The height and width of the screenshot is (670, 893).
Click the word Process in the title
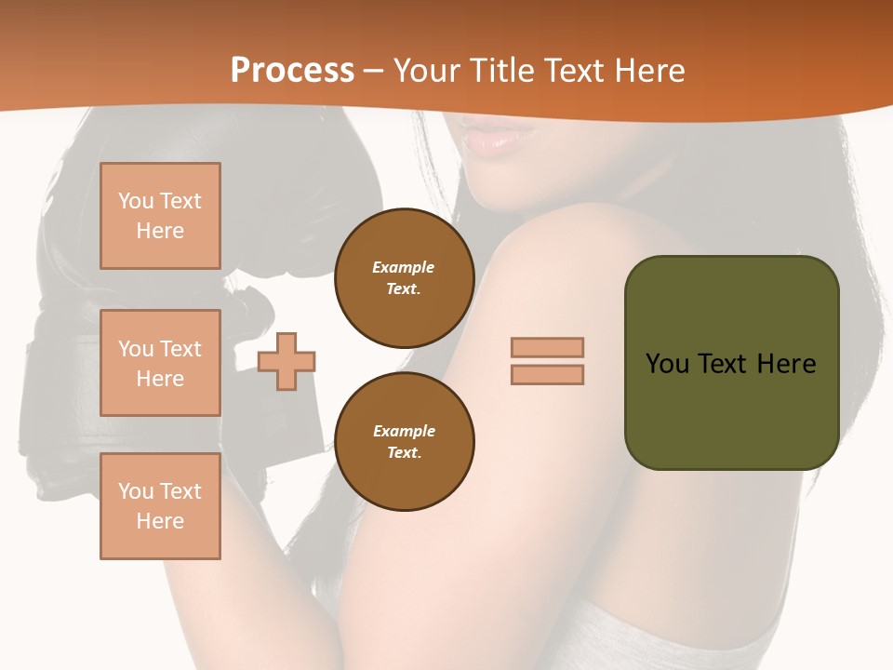(x=292, y=71)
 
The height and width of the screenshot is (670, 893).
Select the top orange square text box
(x=160, y=216)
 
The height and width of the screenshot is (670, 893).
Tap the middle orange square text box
(x=160, y=363)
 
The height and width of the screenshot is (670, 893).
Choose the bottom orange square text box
(x=160, y=506)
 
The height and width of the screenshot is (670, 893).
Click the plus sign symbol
(x=287, y=361)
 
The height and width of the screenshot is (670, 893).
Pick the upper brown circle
(x=404, y=277)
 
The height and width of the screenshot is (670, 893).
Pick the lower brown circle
(x=404, y=441)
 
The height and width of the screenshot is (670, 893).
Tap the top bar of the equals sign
(x=547, y=347)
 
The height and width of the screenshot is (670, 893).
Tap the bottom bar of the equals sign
(x=547, y=374)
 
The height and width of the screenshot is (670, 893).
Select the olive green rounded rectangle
(x=731, y=409)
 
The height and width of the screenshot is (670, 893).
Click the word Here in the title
(x=647, y=71)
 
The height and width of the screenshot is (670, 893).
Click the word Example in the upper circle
(x=404, y=267)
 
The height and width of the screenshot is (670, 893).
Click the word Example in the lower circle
(x=404, y=431)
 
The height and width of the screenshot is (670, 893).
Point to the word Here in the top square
(x=160, y=231)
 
